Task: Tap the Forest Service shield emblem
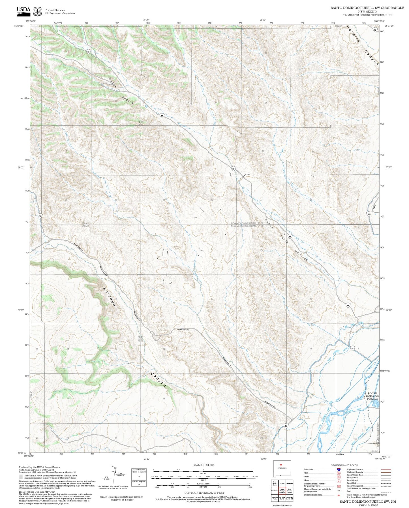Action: (x=37, y=11)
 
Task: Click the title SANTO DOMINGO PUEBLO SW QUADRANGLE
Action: (x=367, y=8)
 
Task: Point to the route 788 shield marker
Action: (x=40, y=215)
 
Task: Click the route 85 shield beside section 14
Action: (x=352, y=348)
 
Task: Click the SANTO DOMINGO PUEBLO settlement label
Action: (x=372, y=395)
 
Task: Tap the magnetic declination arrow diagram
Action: (x=114, y=473)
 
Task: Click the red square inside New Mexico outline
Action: (x=281, y=464)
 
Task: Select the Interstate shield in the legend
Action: (x=339, y=469)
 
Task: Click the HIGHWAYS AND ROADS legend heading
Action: (x=344, y=465)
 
